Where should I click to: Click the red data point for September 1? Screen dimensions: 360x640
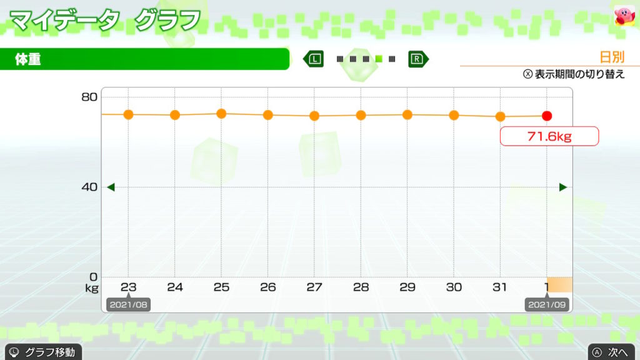547,116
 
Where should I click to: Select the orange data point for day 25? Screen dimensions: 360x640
221,114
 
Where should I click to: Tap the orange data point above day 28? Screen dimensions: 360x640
361,115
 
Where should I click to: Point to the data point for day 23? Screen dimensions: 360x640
128,114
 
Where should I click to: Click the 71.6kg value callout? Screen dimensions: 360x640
549,136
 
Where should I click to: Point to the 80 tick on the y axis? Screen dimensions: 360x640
89,97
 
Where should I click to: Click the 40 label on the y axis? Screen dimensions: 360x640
89,187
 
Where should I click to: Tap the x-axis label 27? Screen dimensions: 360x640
314,287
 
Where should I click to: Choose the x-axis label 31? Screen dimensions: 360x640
500,287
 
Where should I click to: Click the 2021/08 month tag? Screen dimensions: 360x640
127,305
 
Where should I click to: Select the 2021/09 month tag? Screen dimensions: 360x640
547,305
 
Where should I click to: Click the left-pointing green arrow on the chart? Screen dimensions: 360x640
111,187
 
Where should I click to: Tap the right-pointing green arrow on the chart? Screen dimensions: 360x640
563,187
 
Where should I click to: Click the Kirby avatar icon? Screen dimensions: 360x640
623,16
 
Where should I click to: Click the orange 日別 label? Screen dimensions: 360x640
612,57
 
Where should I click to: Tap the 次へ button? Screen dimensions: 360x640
612,352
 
